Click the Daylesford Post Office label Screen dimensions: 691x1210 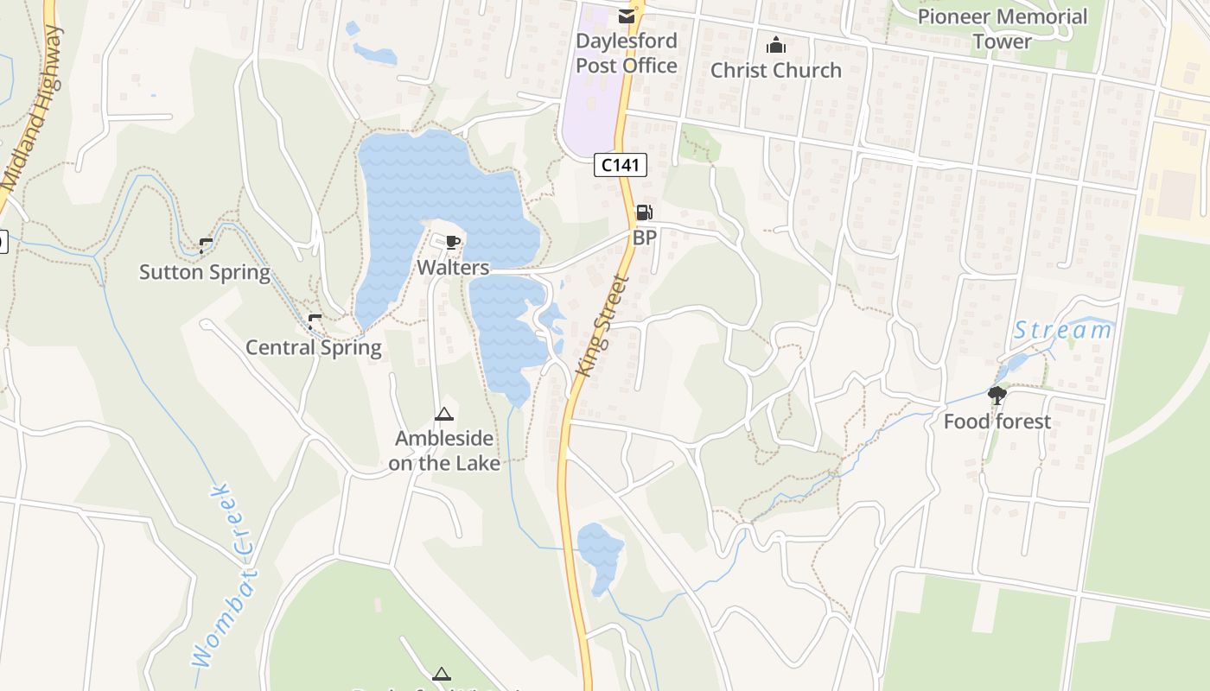pos(627,54)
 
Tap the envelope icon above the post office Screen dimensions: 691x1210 pos(627,16)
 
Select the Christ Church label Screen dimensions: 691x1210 pos(776,71)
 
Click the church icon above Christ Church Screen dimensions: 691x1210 pos(776,45)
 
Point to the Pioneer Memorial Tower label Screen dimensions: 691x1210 pos(1003,29)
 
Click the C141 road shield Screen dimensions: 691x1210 pos(621,165)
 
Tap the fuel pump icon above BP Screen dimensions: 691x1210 pos(644,212)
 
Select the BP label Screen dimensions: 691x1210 pos(645,238)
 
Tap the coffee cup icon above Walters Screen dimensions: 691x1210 pos(452,243)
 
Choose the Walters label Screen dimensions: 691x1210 pos(453,268)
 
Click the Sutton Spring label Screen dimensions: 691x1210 pos(205,273)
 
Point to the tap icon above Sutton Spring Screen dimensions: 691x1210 pos(206,246)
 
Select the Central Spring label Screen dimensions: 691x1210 pos(314,348)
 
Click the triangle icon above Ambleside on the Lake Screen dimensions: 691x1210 pos(444,415)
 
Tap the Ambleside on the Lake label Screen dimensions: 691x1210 pos(444,451)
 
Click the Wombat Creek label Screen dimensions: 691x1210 pos(225,574)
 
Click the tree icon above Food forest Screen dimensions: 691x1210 pos(997,396)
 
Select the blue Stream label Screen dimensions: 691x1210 pos(1062,330)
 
